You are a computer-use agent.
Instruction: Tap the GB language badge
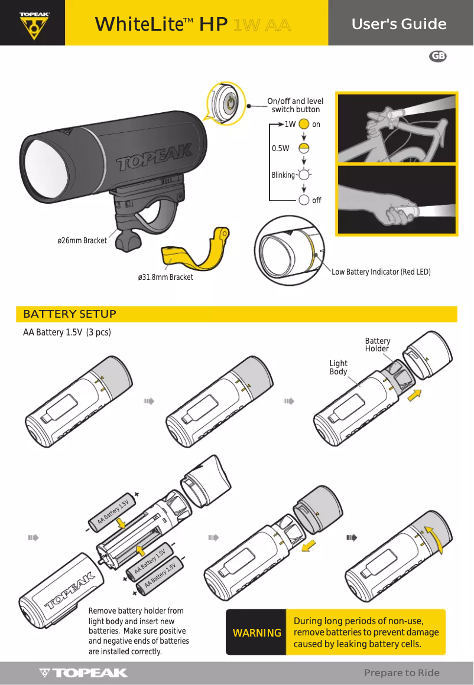click(x=437, y=56)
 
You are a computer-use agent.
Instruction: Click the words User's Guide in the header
click(x=399, y=24)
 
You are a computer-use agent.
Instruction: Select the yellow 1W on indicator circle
click(x=303, y=125)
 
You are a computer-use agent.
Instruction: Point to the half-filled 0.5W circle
click(x=303, y=148)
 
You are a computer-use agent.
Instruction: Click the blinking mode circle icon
click(x=304, y=175)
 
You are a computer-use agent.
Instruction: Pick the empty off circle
click(x=304, y=200)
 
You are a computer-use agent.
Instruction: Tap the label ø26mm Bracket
click(x=82, y=240)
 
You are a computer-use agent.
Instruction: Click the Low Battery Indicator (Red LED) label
click(x=381, y=272)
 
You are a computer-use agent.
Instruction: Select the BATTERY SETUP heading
click(x=70, y=314)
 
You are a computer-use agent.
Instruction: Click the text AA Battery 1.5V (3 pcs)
click(x=67, y=332)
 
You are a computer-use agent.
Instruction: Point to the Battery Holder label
click(x=377, y=345)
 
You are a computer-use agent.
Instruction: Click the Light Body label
click(x=339, y=367)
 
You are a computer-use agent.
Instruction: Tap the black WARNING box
click(x=257, y=632)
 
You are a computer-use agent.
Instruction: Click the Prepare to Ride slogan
click(x=401, y=673)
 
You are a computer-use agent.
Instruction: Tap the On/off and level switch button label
click(x=296, y=105)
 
